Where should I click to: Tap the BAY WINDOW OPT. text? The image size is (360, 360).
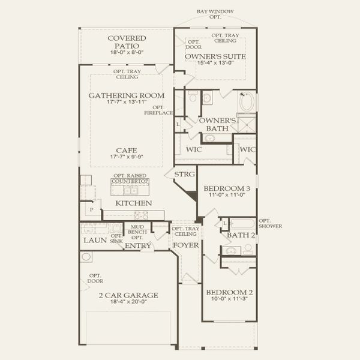pos(215,14)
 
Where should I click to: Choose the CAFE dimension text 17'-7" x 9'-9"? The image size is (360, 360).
pos(127,157)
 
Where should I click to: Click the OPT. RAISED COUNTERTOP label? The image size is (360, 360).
pos(130,178)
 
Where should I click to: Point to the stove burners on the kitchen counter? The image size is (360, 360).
pos(142,214)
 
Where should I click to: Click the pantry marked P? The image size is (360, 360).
pos(91,210)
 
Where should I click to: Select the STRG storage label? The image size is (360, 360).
pos(184,175)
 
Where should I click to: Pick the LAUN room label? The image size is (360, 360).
pos(94,240)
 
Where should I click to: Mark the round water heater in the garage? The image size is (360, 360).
pos(88,257)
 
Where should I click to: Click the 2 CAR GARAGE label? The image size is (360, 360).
pos(128,295)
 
